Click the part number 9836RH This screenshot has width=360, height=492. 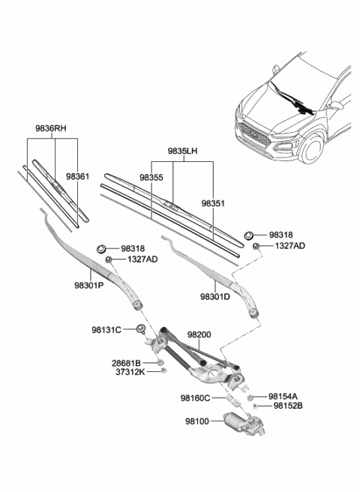pos(50,127)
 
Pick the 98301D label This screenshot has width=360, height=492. pos(216,297)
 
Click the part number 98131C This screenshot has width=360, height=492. pos(106,328)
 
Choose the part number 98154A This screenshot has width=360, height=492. pos(283,396)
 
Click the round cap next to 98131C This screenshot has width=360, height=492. pos(140,329)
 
